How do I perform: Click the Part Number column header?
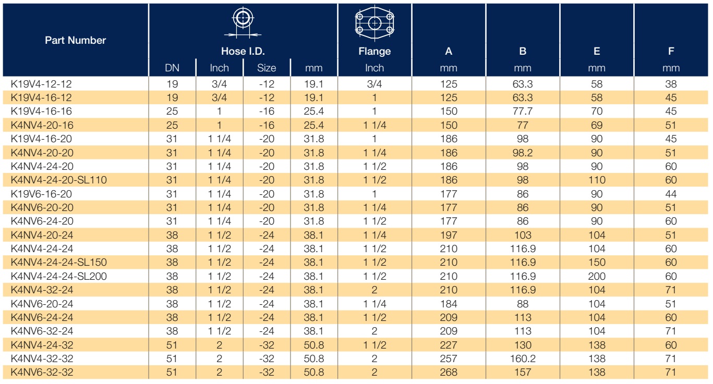(75, 40)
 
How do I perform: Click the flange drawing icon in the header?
(374, 23)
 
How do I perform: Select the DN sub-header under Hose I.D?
(172, 68)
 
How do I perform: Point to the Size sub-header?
(267, 68)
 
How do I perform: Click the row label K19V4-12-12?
(41, 84)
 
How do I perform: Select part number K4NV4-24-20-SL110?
(58, 180)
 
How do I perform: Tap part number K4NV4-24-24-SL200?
(58, 276)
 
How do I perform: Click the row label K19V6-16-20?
(41, 194)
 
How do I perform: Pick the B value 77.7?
(523, 112)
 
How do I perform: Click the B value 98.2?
(523, 153)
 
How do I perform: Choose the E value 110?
(597, 180)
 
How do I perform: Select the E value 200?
(597, 276)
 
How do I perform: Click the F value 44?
(671, 194)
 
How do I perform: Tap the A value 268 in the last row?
(449, 372)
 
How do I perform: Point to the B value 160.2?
(523, 358)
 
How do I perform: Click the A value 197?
(449, 235)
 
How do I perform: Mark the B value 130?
(523, 345)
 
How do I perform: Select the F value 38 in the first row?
(671, 84)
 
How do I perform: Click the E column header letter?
(597, 51)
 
